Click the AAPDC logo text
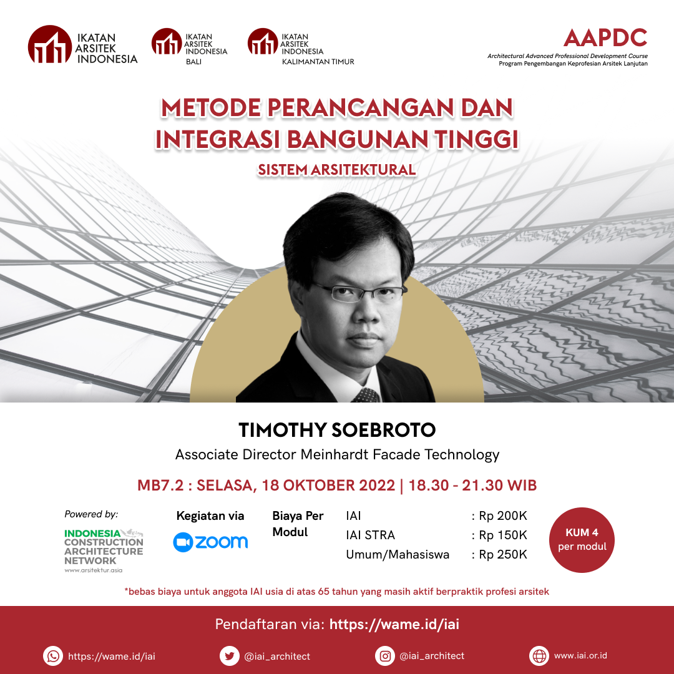605,37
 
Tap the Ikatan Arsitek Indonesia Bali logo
189,46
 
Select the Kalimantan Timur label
318,62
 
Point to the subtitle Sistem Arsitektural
337,170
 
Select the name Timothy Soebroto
337,430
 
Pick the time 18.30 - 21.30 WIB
472,486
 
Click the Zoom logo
210,542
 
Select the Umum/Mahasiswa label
398,555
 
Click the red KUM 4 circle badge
582,540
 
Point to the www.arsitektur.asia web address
93,570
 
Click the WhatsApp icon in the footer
53,656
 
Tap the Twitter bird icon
230,656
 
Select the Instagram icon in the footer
385,656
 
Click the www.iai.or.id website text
580,655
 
